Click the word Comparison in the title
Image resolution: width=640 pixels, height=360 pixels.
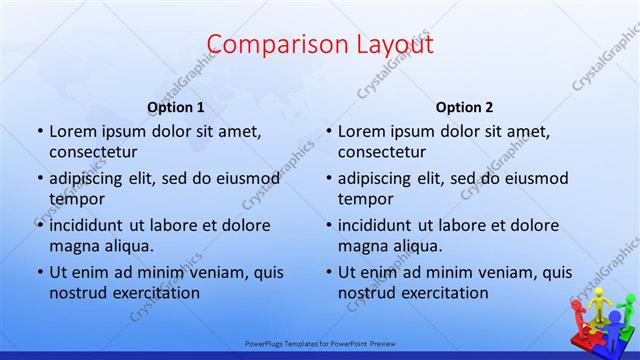[269, 44]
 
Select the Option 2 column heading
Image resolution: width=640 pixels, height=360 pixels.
[464, 107]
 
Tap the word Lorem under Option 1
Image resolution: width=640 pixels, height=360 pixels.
[72, 131]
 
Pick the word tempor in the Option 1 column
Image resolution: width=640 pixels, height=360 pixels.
[73, 198]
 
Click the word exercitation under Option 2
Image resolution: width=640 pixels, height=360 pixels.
[440, 292]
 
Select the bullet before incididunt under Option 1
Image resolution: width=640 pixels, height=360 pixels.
[40, 225]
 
